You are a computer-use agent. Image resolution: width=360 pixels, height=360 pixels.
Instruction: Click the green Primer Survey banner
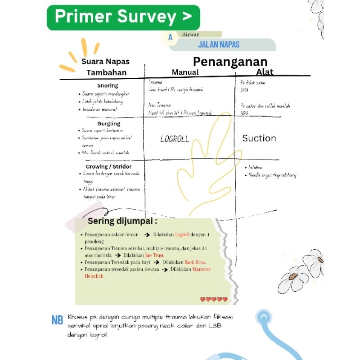pos(123,18)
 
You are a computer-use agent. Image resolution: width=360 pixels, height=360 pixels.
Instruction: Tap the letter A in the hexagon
pos(171,38)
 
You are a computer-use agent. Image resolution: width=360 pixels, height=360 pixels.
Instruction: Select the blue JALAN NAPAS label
pos(218,45)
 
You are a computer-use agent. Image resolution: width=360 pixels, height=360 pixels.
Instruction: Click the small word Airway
pos(191,34)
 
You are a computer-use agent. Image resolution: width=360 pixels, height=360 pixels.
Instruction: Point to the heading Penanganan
pos(230,62)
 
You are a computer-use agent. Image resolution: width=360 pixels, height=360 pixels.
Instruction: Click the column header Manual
pos(185,72)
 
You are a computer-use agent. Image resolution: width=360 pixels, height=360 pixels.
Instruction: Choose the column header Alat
pos(265,72)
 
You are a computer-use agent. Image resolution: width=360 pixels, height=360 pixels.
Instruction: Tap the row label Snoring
pos(108,85)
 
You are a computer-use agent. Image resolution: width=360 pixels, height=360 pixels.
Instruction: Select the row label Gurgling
pos(108,123)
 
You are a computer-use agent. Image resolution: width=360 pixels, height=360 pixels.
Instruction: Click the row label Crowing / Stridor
pos(108,166)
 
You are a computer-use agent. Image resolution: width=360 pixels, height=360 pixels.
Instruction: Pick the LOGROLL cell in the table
pos(175,139)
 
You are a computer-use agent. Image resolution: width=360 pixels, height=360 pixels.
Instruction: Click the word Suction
pos(259,138)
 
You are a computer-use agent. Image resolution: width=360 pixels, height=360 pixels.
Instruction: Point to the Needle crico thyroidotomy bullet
pos(272,175)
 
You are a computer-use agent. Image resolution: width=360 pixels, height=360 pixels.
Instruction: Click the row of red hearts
pos(214,299)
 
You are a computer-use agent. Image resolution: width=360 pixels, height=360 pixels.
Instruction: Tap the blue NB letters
pos(57,320)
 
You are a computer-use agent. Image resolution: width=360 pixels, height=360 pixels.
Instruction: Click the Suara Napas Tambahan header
pos(106,67)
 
